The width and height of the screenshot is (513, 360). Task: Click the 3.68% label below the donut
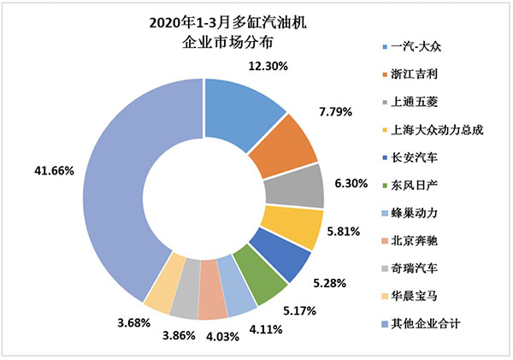(135, 322)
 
